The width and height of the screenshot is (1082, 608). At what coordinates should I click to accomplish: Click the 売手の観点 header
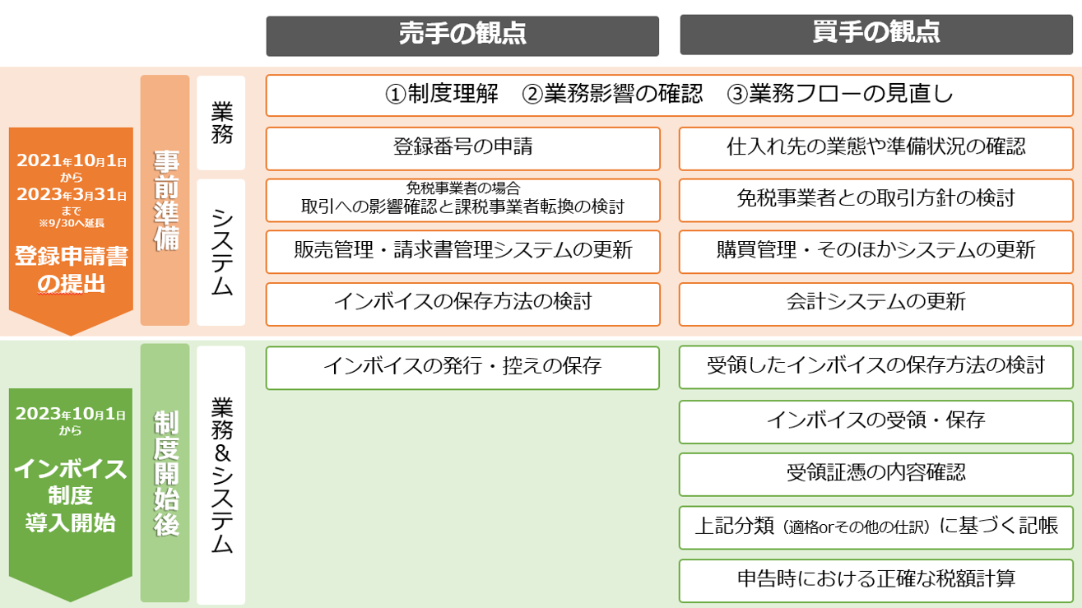[462, 36]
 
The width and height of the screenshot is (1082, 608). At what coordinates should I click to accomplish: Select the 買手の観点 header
[876, 35]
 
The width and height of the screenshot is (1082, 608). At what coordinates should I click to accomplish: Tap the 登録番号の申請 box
[462, 149]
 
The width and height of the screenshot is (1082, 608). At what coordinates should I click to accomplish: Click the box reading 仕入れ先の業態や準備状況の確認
[875, 149]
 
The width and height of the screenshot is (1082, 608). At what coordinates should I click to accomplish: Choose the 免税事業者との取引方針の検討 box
[875, 201]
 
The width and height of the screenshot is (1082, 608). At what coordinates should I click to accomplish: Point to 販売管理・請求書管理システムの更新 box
[462, 252]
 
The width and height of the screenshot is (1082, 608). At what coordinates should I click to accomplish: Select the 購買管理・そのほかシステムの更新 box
[875, 252]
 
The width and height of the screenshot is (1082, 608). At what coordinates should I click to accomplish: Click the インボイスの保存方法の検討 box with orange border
[462, 304]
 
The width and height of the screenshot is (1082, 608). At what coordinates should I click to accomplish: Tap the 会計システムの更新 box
[875, 304]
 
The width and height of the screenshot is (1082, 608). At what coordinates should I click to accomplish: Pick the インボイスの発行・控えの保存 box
[462, 368]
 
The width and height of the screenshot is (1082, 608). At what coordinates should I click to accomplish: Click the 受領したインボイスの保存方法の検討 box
[875, 367]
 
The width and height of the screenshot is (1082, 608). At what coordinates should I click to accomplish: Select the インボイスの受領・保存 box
[875, 421]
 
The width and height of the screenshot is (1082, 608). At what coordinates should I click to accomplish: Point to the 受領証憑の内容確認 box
[875, 474]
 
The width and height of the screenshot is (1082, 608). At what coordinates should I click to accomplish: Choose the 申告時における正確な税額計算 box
[875, 581]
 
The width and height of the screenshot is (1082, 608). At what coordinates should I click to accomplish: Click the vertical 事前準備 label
[165, 201]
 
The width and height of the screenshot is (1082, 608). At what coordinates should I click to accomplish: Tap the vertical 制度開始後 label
[165, 473]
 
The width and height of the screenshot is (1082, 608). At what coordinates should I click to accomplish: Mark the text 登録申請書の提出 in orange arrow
[71, 270]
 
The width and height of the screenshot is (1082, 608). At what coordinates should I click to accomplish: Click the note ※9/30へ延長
[72, 223]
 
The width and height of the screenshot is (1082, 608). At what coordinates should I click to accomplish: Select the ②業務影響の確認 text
[612, 94]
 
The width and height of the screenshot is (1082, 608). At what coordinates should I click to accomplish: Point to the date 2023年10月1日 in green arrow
[71, 414]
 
